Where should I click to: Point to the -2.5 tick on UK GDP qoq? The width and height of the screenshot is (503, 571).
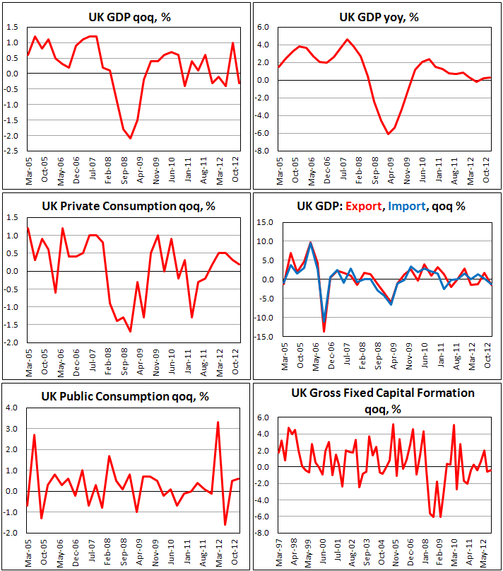(x=13, y=151)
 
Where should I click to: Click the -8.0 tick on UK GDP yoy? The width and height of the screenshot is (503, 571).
(x=263, y=151)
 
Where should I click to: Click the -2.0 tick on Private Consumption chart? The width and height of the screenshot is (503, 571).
(x=13, y=342)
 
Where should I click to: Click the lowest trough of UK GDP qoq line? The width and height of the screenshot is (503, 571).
(x=130, y=139)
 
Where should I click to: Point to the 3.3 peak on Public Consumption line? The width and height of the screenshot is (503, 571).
(x=218, y=422)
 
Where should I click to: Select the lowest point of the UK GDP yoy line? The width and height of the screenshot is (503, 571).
(x=388, y=134)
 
